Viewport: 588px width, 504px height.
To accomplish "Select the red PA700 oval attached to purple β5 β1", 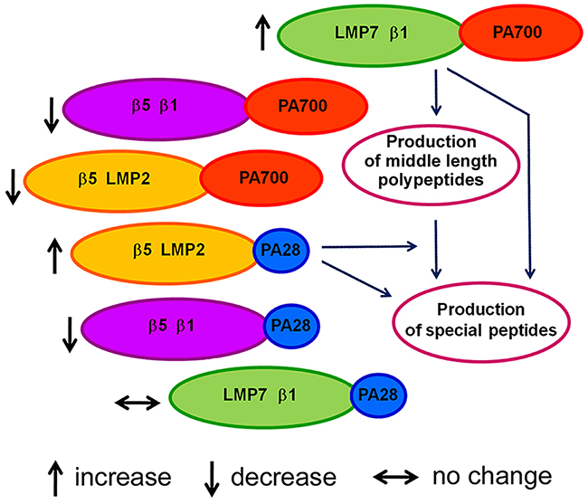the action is (306, 107).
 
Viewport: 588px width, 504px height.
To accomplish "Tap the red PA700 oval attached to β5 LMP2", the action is (261, 178).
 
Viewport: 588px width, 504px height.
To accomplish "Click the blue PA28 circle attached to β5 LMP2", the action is (281, 251).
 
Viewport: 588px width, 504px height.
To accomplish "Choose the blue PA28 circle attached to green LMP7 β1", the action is (378, 395).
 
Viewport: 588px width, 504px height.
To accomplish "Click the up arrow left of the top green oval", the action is (263, 33).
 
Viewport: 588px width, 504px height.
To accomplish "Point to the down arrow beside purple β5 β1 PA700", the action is (52, 115).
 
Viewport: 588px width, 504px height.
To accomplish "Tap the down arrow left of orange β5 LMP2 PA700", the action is (14, 186).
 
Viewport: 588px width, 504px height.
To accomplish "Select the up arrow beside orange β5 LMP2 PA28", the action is (55, 256).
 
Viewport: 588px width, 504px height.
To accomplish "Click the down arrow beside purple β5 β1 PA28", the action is (70, 335).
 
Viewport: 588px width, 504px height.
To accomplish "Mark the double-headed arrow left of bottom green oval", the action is (138, 404).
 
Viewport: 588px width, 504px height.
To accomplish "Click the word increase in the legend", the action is (123, 477).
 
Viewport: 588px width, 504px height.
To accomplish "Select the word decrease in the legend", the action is (283, 477).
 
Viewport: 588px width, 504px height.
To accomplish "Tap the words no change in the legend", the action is (492, 476).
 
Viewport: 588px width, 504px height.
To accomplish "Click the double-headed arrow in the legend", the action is (396, 478).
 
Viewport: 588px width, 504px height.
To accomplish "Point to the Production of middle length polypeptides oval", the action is (431, 165).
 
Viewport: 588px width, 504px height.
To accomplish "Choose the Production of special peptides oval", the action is (481, 322).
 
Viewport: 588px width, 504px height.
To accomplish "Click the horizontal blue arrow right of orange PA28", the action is (370, 246).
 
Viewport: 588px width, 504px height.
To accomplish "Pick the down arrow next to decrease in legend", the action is (212, 479).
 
